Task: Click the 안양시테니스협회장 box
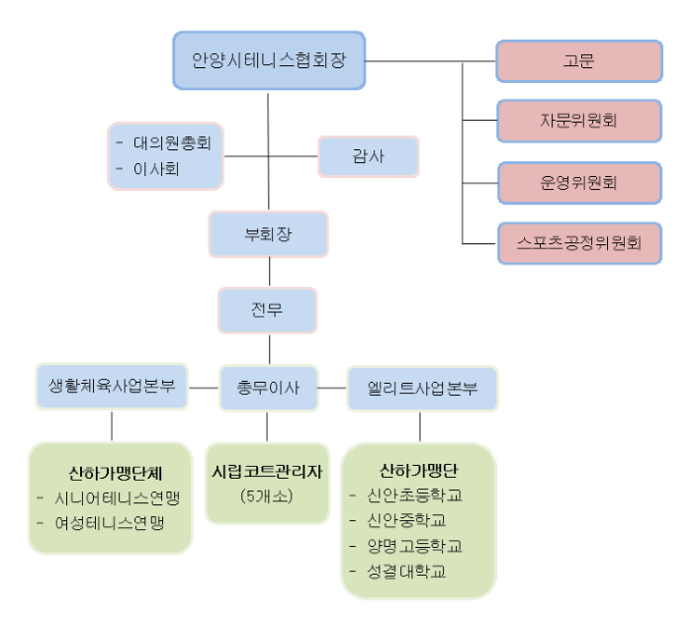[x=269, y=60]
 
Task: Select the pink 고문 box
[x=579, y=61]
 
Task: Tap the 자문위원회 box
[x=579, y=121]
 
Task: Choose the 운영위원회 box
[x=579, y=183]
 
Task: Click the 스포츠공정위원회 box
[x=579, y=243]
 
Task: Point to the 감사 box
[x=368, y=156]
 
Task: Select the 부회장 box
[x=268, y=234]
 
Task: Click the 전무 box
[x=268, y=310]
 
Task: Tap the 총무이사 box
[x=268, y=388]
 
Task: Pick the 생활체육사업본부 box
[x=112, y=387]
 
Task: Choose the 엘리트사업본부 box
[x=422, y=389]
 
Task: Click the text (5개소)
[x=267, y=496]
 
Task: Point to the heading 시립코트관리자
[x=267, y=472]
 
